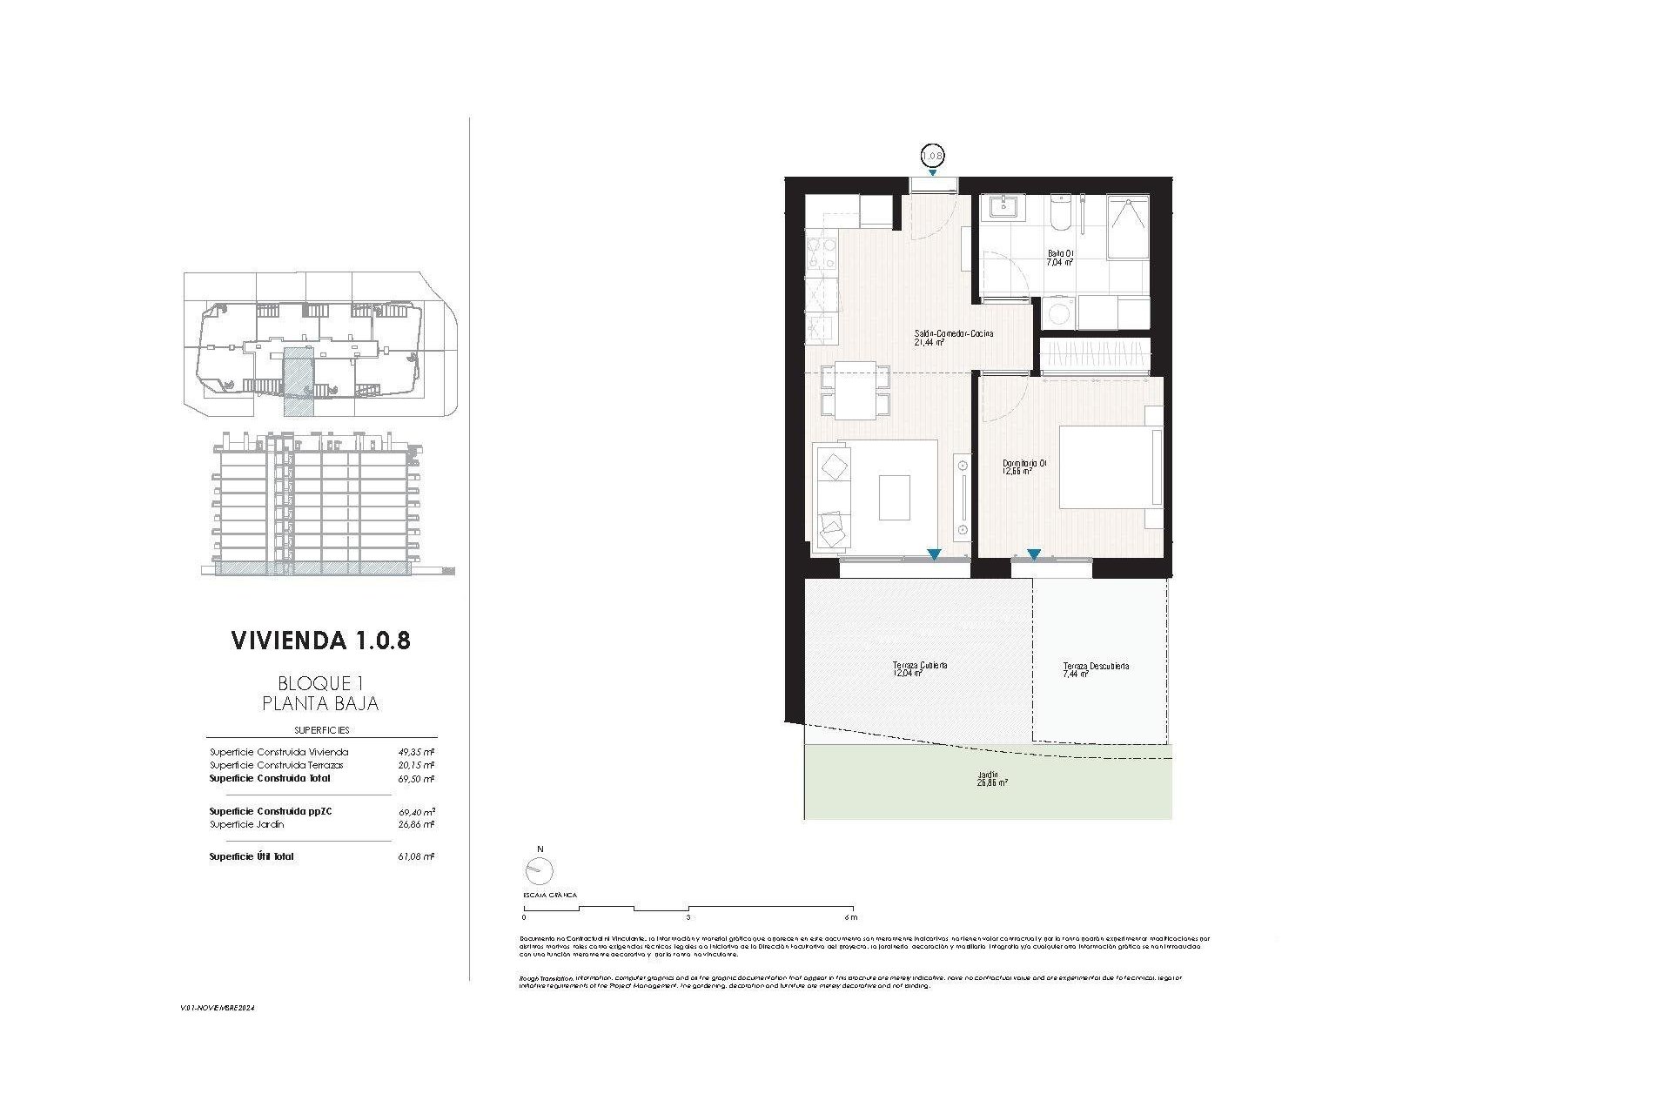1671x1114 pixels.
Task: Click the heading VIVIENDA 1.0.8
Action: pyautogui.click(x=320, y=641)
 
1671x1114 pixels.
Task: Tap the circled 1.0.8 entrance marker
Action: pyautogui.click(x=932, y=156)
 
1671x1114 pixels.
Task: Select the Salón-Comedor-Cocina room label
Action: pyautogui.click(x=953, y=334)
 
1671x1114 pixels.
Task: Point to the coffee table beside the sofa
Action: pyautogui.click(x=894, y=498)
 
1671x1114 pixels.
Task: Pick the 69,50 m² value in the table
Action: pyautogui.click(x=417, y=780)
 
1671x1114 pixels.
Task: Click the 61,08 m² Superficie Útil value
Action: pyautogui.click(x=417, y=857)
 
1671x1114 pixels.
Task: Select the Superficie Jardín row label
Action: pyautogui.click(x=246, y=824)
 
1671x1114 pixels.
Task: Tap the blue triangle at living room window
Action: pyautogui.click(x=934, y=554)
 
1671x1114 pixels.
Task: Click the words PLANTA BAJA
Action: pyautogui.click(x=320, y=703)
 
